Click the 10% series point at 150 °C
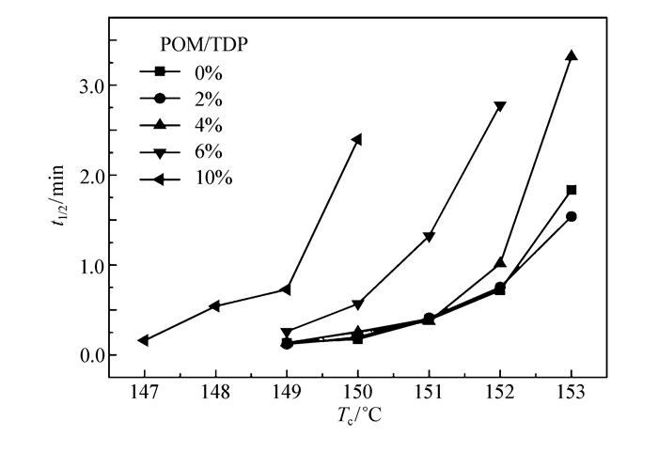coord(357,139)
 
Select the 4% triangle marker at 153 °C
coord(571,55)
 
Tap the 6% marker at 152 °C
coord(500,106)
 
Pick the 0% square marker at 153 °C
coord(571,190)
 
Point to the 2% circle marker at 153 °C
coord(571,216)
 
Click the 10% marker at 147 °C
coord(144,340)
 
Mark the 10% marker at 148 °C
coord(215,305)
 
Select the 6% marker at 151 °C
coord(429,237)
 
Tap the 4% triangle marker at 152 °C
coord(500,262)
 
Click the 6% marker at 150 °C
coord(357,304)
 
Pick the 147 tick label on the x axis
coord(144,390)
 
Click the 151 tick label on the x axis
coord(429,390)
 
